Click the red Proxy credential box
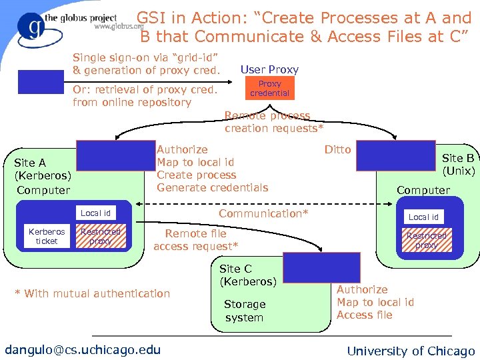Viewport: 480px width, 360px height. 269,89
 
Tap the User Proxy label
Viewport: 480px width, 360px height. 269,69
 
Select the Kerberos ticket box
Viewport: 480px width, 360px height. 47,237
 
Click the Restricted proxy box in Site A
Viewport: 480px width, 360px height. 100,237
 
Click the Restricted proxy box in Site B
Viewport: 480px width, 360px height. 426,240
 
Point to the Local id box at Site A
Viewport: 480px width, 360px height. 95,213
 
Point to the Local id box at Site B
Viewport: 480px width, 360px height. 423,217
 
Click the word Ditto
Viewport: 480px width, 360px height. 337,149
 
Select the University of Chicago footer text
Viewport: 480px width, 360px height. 411,351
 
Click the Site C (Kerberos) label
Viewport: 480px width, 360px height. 247,275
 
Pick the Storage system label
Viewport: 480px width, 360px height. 245,311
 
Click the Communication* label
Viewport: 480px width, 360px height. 263,213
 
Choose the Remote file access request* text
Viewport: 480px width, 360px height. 195,240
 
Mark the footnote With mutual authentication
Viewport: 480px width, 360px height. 93,293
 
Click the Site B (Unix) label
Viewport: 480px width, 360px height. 458,164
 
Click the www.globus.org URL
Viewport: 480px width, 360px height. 119,27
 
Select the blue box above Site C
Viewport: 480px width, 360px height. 312,267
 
